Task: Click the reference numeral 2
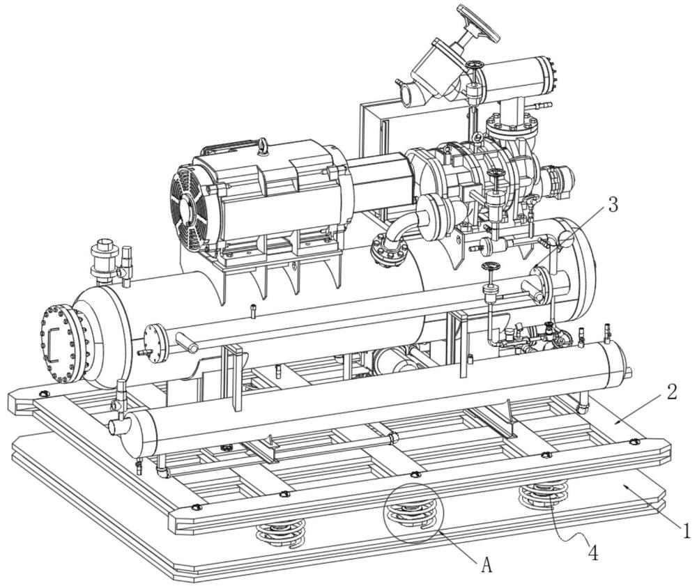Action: [x=672, y=392]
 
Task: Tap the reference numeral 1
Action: [x=686, y=530]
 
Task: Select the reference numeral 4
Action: [x=592, y=553]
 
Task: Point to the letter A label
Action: [x=487, y=566]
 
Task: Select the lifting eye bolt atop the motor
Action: [x=263, y=146]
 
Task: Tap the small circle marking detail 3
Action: [x=566, y=240]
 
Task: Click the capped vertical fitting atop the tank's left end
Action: [x=102, y=259]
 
